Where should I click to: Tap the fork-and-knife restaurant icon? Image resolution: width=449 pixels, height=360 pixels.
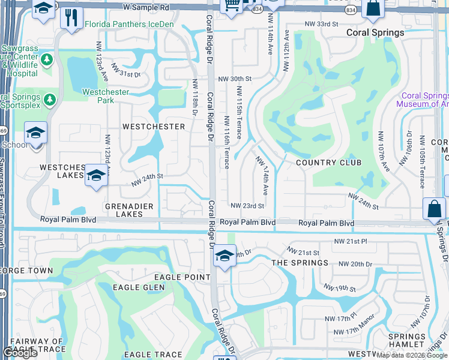point(72,18)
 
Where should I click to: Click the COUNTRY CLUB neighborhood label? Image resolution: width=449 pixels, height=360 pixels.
point(328,163)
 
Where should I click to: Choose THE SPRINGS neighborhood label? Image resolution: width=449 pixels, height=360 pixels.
point(300,263)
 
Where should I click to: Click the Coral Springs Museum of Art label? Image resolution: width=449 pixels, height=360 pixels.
point(424,100)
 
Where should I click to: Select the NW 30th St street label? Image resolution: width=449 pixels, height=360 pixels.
point(234,79)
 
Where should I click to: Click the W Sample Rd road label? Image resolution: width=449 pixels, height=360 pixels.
point(146,7)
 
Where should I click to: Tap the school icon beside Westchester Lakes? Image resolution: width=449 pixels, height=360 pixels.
point(95,176)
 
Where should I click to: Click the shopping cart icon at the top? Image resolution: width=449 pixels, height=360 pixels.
point(231,5)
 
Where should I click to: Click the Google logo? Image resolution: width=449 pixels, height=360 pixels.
point(20,353)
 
